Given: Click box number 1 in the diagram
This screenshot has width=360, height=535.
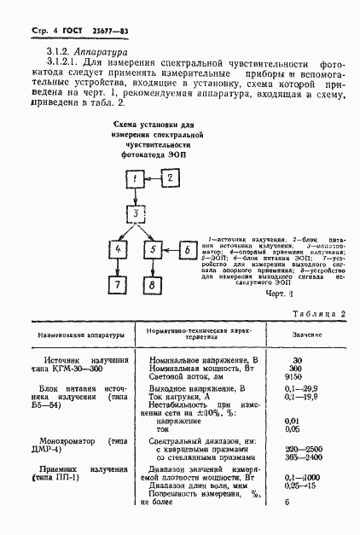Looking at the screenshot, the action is (135, 178).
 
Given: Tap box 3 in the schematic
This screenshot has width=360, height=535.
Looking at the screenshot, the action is (135, 213).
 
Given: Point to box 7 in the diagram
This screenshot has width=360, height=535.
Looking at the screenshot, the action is (118, 285).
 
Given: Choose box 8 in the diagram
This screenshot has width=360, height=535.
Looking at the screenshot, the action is (152, 285).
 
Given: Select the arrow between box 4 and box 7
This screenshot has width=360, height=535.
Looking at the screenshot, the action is (118, 267).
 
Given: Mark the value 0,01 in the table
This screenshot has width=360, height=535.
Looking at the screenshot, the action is (293, 421).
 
